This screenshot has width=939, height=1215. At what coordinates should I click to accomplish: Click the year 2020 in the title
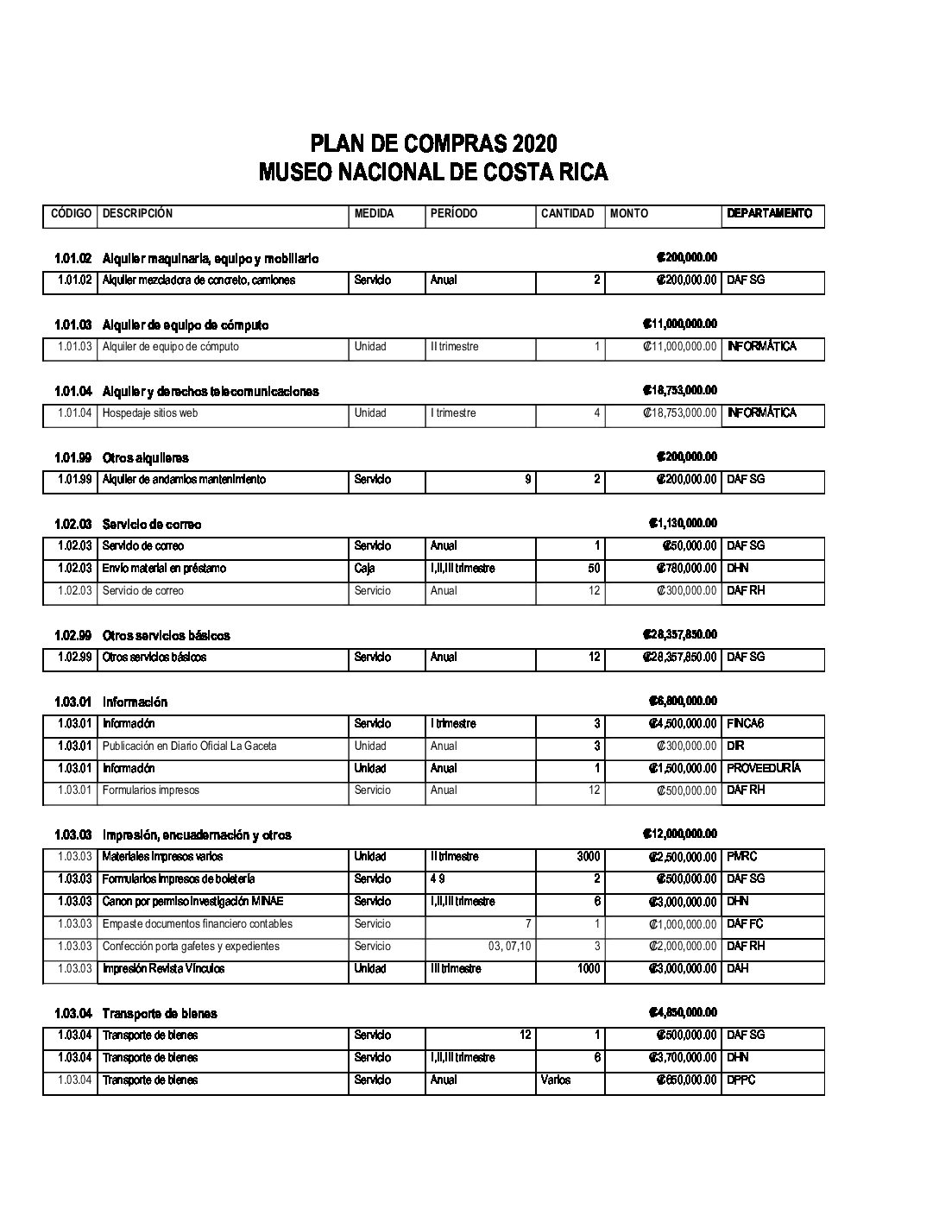tap(534, 143)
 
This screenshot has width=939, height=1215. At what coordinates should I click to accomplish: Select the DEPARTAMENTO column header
tap(769, 213)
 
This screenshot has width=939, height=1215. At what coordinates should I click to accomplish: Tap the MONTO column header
tap(628, 213)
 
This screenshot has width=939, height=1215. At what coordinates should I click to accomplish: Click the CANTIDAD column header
tap(567, 213)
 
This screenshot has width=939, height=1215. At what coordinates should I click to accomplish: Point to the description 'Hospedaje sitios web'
tap(150, 413)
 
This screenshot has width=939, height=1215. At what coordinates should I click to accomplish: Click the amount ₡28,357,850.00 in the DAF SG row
tap(680, 658)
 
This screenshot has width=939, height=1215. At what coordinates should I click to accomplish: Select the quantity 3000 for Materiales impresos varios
tap(588, 857)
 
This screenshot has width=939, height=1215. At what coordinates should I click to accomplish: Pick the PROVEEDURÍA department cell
tap(764, 768)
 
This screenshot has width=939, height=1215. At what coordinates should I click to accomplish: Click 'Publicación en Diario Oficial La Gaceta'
tap(189, 746)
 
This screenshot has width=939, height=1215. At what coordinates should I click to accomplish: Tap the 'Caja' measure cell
tap(364, 569)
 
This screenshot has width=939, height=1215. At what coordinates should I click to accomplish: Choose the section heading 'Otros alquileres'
tap(145, 458)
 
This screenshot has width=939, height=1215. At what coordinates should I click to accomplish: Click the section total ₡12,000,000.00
tap(680, 834)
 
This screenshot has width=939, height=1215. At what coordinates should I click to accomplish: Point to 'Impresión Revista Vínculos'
tap(163, 969)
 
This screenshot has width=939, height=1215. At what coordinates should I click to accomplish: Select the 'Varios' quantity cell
tap(556, 1080)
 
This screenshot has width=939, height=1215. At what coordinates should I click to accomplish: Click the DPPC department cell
tap(741, 1080)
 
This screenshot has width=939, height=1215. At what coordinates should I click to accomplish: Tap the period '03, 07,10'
tap(509, 947)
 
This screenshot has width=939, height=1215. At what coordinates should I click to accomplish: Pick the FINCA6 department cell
tap(746, 724)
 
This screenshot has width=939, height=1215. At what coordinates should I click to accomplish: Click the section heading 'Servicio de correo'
tap(152, 525)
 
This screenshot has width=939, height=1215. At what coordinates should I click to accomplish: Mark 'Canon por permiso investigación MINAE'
tap(192, 902)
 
